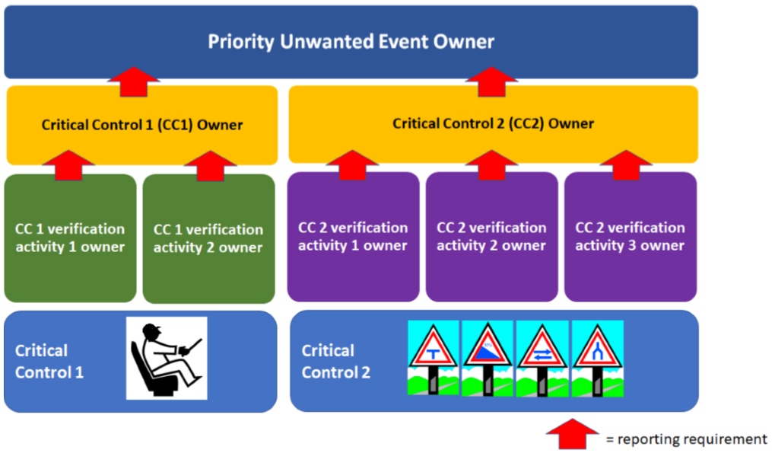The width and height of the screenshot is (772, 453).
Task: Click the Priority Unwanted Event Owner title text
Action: (x=351, y=41)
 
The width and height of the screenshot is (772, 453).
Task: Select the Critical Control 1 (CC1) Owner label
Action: (x=142, y=125)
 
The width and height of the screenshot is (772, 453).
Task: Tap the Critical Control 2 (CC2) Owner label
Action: (x=493, y=123)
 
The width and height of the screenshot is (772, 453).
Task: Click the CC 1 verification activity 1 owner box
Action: (x=70, y=238)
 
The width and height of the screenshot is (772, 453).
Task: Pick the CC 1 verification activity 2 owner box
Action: (x=208, y=238)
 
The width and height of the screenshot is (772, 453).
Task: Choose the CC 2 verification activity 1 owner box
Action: (x=353, y=237)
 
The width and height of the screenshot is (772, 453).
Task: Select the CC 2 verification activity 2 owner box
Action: (x=491, y=237)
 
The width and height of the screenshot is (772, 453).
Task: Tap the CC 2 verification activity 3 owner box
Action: (x=630, y=237)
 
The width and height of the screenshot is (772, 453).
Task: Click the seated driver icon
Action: (x=167, y=358)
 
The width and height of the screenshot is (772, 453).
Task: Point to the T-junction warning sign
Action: (x=434, y=357)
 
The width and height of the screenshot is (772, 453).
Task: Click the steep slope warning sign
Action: (x=488, y=357)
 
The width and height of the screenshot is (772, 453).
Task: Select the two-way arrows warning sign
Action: (x=542, y=357)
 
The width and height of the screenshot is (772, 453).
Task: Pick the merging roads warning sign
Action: (x=597, y=357)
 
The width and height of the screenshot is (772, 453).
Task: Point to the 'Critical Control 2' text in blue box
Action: (x=336, y=362)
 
